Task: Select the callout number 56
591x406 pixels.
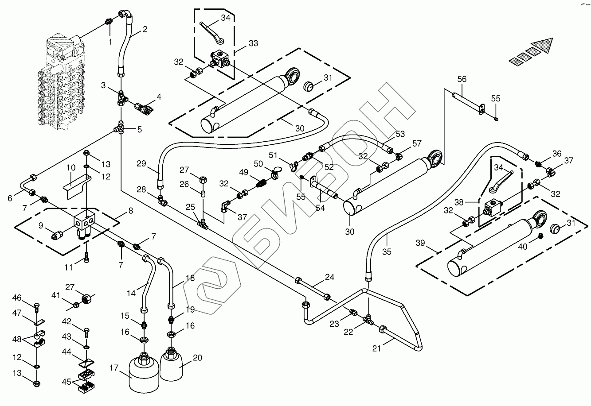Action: tap(462, 79)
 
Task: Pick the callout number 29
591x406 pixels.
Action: tap(141, 163)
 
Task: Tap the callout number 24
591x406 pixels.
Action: tap(329, 278)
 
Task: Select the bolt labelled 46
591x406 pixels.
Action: tap(37, 305)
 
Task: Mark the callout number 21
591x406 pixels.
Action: tap(376, 348)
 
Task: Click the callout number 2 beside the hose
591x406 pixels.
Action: tap(145, 30)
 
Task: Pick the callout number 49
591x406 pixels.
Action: tap(244, 172)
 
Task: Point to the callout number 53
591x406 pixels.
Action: tap(400, 134)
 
